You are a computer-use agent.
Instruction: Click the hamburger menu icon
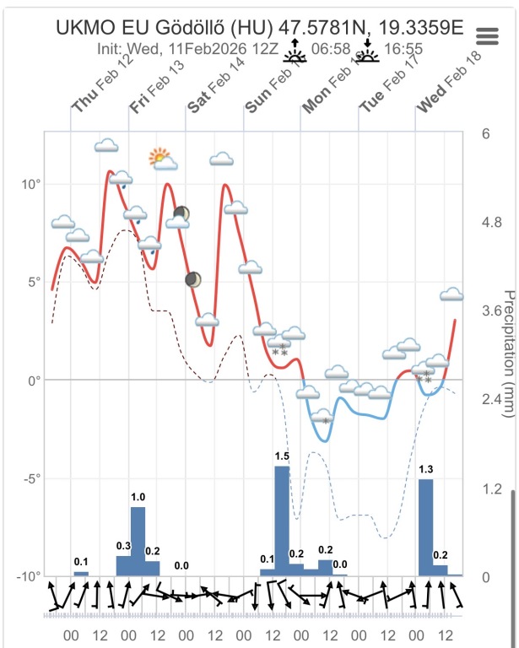[488, 35]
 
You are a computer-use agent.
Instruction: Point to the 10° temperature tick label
[32, 184]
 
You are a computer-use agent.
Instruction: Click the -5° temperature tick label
[32, 478]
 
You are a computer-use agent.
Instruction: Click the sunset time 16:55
[403, 50]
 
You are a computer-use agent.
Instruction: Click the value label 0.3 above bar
[124, 546]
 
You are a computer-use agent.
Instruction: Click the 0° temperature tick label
[35, 381]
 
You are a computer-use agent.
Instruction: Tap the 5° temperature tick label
[35, 282]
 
